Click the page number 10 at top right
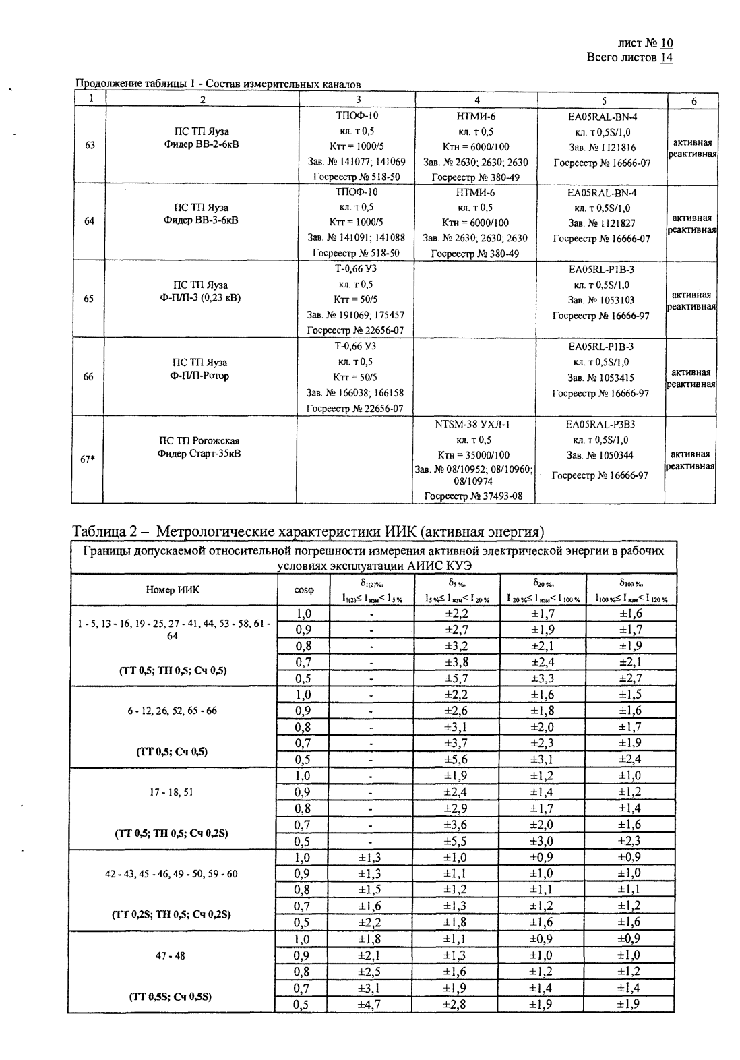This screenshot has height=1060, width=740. [x=667, y=43]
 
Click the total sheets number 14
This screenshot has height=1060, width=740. [x=667, y=57]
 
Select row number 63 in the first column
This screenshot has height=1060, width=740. [x=89, y=145]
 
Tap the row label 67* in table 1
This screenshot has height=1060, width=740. [x=87, y=459]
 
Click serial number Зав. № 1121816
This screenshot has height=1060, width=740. [x=602, y=147]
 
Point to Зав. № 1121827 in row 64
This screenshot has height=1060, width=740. [x=602, y=223]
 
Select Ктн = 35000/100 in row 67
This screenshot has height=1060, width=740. [x=474, y=454]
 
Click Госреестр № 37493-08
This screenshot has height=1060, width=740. [x=474, y=496]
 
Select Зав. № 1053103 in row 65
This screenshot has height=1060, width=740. [x=601, y=300]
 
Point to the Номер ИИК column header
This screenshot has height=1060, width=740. [x=173, y=590]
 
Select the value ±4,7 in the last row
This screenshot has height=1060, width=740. [x=369, y=1004]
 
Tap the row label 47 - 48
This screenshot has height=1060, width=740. [x=171, y=955]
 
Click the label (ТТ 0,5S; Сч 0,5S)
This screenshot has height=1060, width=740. [x=172, y=997]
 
